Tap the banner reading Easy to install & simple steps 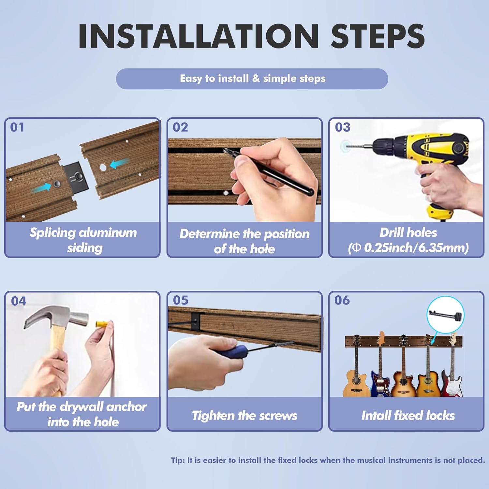tap(252, 79)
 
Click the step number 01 tap(17, 127)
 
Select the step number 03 tap(343, 127)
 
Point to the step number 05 tap(181, 300)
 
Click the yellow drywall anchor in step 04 tap(102, 324)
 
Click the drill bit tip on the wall tap(347, 147)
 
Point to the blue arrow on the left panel tap(41, 187)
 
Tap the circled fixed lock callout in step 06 tap(446, 315)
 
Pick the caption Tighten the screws tap(244, 416)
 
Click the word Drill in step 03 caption tap(390, 232)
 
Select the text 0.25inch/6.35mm tap(414, 248)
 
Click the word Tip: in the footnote tap(178, 460)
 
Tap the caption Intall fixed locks tap(408, 416)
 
